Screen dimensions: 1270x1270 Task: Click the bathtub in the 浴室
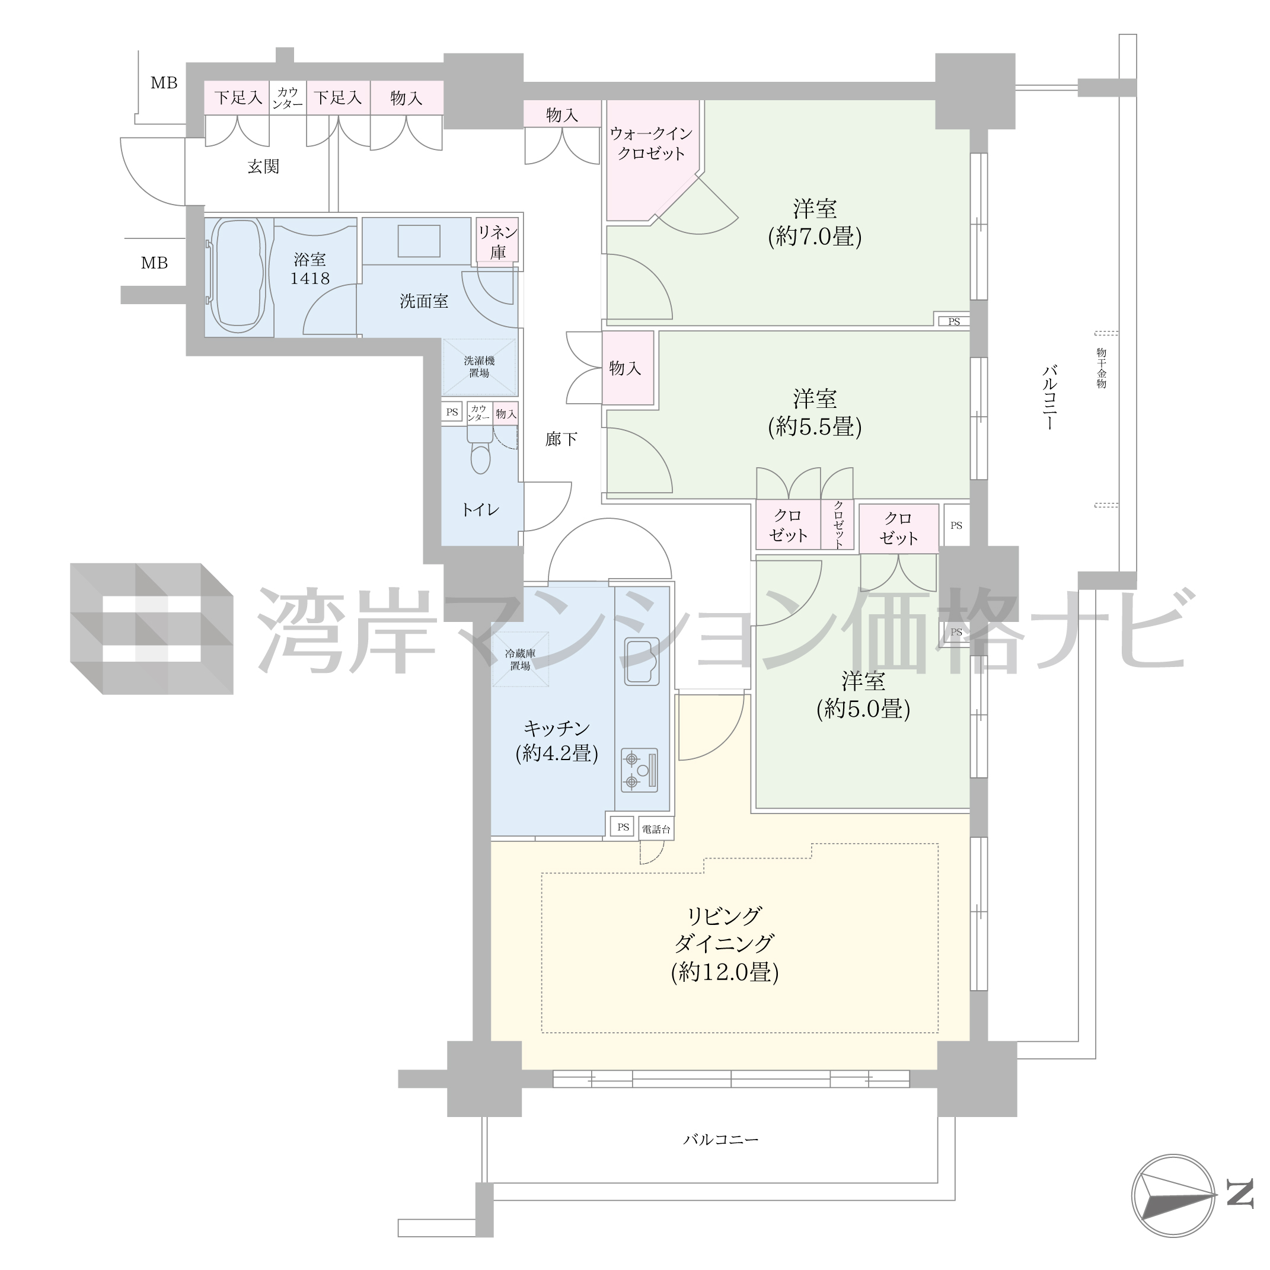tap(237, 276)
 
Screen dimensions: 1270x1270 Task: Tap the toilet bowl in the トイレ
tap(480, 449)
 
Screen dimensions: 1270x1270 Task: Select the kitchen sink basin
tap(642, 661)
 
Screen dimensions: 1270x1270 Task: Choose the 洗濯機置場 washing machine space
tap(479, 367)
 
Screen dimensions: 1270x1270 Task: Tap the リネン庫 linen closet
tap(497, 241)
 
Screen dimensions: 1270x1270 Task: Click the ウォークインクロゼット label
tap(651, 143)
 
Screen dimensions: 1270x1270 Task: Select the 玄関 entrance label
tap(264, 166)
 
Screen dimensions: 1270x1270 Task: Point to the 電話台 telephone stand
tap(656, 829)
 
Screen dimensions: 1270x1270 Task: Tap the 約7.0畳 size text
tap(815, 236)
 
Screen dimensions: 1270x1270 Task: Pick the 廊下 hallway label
tap(561, 439)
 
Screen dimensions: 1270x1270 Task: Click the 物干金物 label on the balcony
tap(1101, 368)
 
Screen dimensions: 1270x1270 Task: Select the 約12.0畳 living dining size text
tap(725, 972)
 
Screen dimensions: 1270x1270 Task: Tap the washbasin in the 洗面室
tap(419, 241)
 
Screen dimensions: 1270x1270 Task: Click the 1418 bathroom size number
tap(309, 278)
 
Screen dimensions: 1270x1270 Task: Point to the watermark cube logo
tap(152, 628)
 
